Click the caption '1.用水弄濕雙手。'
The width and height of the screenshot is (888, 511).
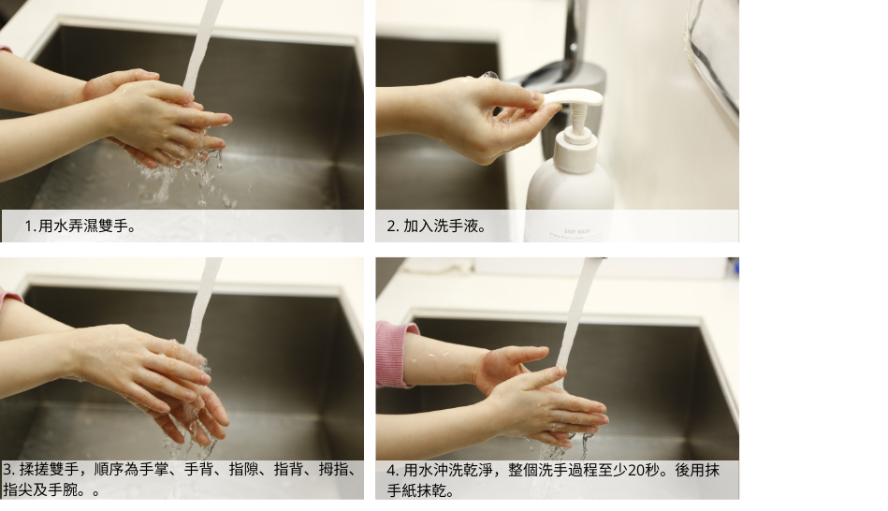[x=80, y=226]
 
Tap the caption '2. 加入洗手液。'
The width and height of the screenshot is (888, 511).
[x=437, y=226]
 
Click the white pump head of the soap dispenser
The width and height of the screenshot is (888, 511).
[x=572, y=98]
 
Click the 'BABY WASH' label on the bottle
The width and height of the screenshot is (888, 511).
[x=577, y=231]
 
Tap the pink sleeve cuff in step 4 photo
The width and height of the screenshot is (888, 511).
[x=395, y=354]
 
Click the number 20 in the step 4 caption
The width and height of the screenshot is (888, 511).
[x=636, y=470]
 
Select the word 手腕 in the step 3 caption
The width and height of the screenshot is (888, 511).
[x=63, y=489]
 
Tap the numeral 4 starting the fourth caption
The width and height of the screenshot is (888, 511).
[x=391, y=470]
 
